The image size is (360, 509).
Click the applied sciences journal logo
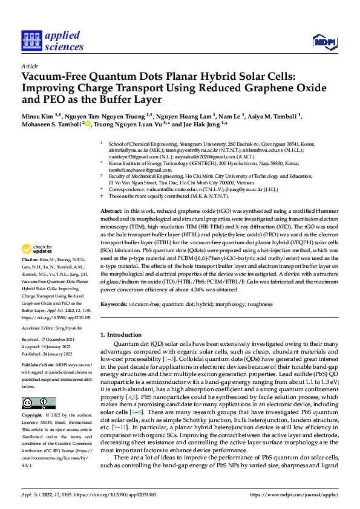coord(53,41)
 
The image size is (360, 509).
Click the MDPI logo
coord(323,41)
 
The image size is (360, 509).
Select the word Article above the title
coord(29,66)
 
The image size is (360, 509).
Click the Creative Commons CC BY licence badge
coord(38,403)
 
